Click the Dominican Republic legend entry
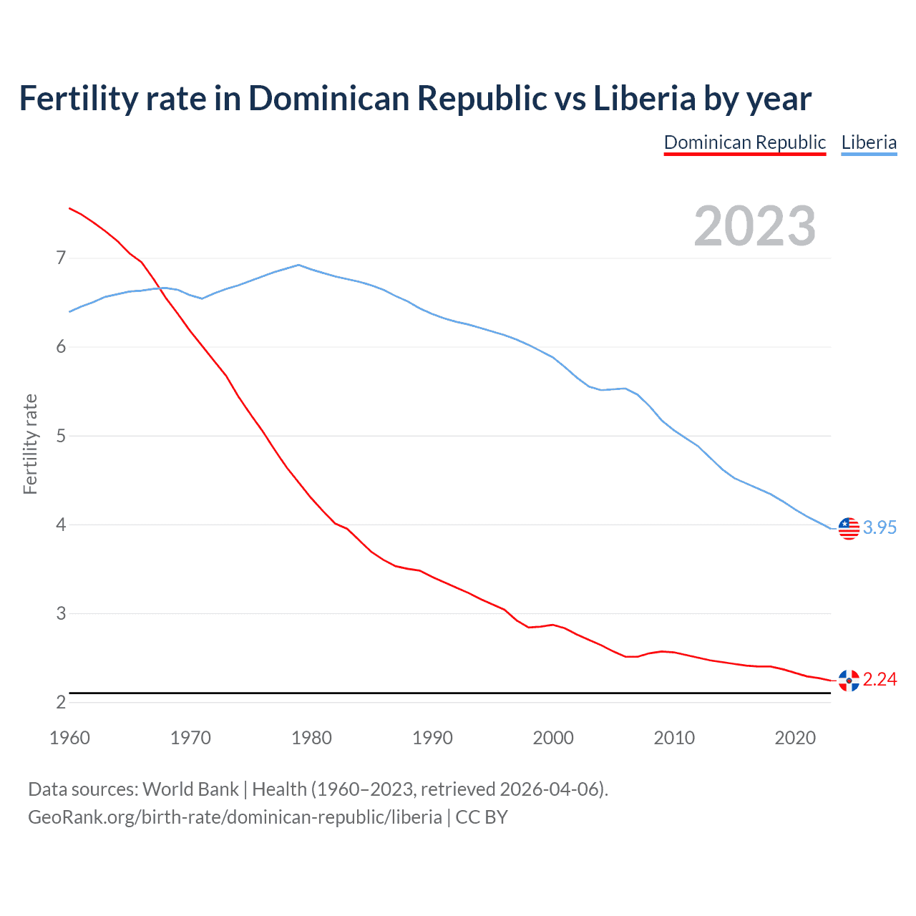click(744, 142)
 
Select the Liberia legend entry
click(869, 142)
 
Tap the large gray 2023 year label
click(755, 226)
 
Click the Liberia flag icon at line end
click(849, 528)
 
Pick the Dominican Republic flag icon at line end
click(849, 681)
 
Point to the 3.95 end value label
click(880, 528)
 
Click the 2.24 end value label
click(880, 680)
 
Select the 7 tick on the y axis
click(61, 258)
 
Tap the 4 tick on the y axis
click(61, 525)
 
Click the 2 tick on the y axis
click(61, 703)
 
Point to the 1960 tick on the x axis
click(69, 738)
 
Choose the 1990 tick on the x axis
click(432, 738)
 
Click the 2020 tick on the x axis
click(795, 738)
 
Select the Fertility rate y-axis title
click(30, 444)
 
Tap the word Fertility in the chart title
click(77, 99)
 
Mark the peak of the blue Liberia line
click(298, 265)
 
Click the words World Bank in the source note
click(190, 789)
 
